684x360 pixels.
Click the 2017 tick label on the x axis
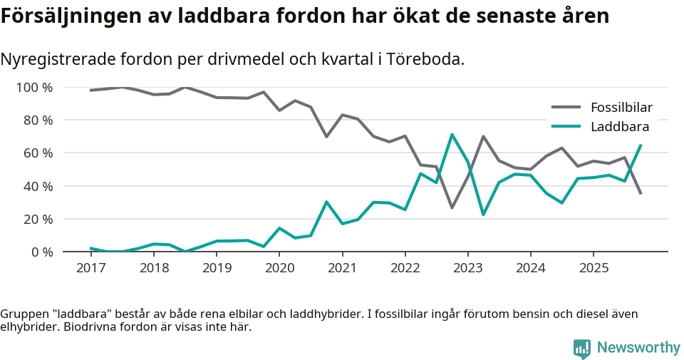point(90,268)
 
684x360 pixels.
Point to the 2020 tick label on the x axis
point(279,268)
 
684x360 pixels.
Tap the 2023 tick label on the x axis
point(467,268)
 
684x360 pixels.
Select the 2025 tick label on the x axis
point(593,268)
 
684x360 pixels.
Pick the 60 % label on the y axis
point(38,153)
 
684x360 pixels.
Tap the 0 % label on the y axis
point(41,252)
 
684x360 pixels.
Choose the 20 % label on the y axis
point(38,219)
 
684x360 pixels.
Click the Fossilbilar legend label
point(621,108)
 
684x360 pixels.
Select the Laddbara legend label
point(619,127)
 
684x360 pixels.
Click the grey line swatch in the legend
point(566,108)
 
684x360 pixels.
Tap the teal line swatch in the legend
point(566,127)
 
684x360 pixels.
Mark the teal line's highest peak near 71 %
point(452,135)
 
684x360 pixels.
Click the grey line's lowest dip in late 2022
point(452,207)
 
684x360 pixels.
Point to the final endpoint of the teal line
point(641,145)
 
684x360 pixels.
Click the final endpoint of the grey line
point(641,193)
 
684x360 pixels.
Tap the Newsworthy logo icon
point(581,348)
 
